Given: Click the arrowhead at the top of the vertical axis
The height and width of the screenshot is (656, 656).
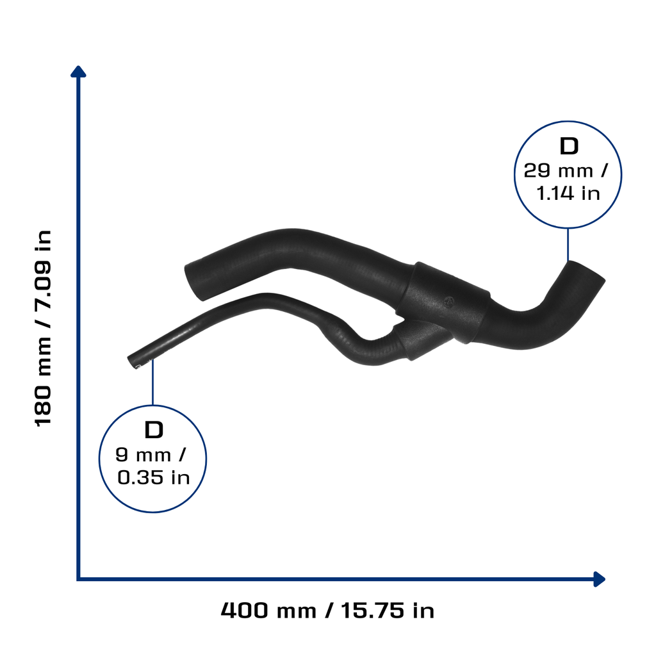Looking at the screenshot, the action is click(x=78, y=72).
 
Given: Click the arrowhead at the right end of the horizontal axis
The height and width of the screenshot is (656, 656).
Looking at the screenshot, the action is click(x=599, y=579).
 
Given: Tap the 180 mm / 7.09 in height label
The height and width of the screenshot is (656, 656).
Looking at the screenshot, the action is click(x=43, y=329).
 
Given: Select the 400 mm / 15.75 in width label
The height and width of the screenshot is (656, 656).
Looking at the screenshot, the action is click(x=327, y=611).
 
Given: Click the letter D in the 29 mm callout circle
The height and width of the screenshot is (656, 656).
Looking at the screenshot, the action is click(x=569, y=147).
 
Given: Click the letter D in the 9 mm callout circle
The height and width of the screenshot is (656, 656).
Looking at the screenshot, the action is click(x=154, y=430).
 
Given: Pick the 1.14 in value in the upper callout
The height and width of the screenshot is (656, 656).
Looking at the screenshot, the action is click(x=568, y=193).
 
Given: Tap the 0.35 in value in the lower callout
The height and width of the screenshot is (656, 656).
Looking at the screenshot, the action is click(x=154, y=477).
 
